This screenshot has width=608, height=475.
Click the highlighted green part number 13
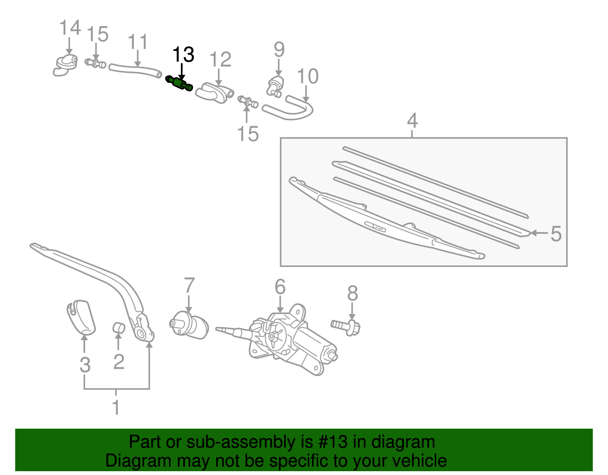(179, 83)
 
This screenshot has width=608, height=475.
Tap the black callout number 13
(183, 55)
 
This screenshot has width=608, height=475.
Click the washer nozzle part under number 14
(65, 65)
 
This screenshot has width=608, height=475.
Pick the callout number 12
(220, 60)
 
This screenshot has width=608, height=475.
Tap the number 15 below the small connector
(247, 134)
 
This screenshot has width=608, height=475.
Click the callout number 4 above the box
(412, 121)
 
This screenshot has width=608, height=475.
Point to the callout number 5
(556, 234)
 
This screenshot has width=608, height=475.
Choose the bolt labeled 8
(346, 326)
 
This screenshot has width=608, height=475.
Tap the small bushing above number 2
(119, 327)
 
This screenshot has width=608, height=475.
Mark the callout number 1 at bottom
(116, 408)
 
